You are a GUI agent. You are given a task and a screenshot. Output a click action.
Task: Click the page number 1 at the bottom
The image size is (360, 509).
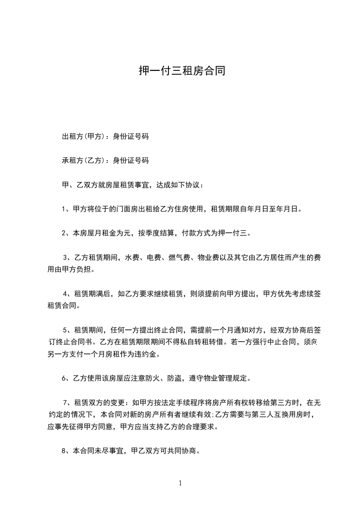pyautogui.click(x=180, y=483)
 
